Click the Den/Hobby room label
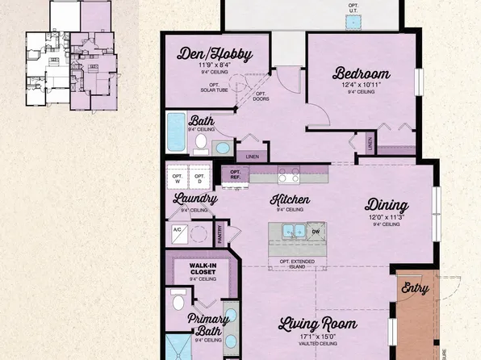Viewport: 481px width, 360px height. [x=215, y=55]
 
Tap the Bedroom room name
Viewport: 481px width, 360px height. [x=362, y=73]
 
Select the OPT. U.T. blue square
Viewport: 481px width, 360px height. [x=353, y=23]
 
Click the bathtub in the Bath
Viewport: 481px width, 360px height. [x=175, y=132]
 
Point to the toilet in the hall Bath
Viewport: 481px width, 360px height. [x=201, y=143]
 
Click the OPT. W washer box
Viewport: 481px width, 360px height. [x=177, y=178]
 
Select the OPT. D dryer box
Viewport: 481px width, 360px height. [x=199, y=178]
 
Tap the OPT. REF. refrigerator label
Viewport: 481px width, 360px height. [x=236, y=174]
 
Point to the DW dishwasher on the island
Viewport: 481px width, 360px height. [x=316, y=232]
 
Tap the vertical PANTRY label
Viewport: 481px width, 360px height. [x=220, y=233]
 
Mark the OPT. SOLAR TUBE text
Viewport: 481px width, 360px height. [x=215, y=87]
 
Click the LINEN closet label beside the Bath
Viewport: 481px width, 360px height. [x=252, y=157]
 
